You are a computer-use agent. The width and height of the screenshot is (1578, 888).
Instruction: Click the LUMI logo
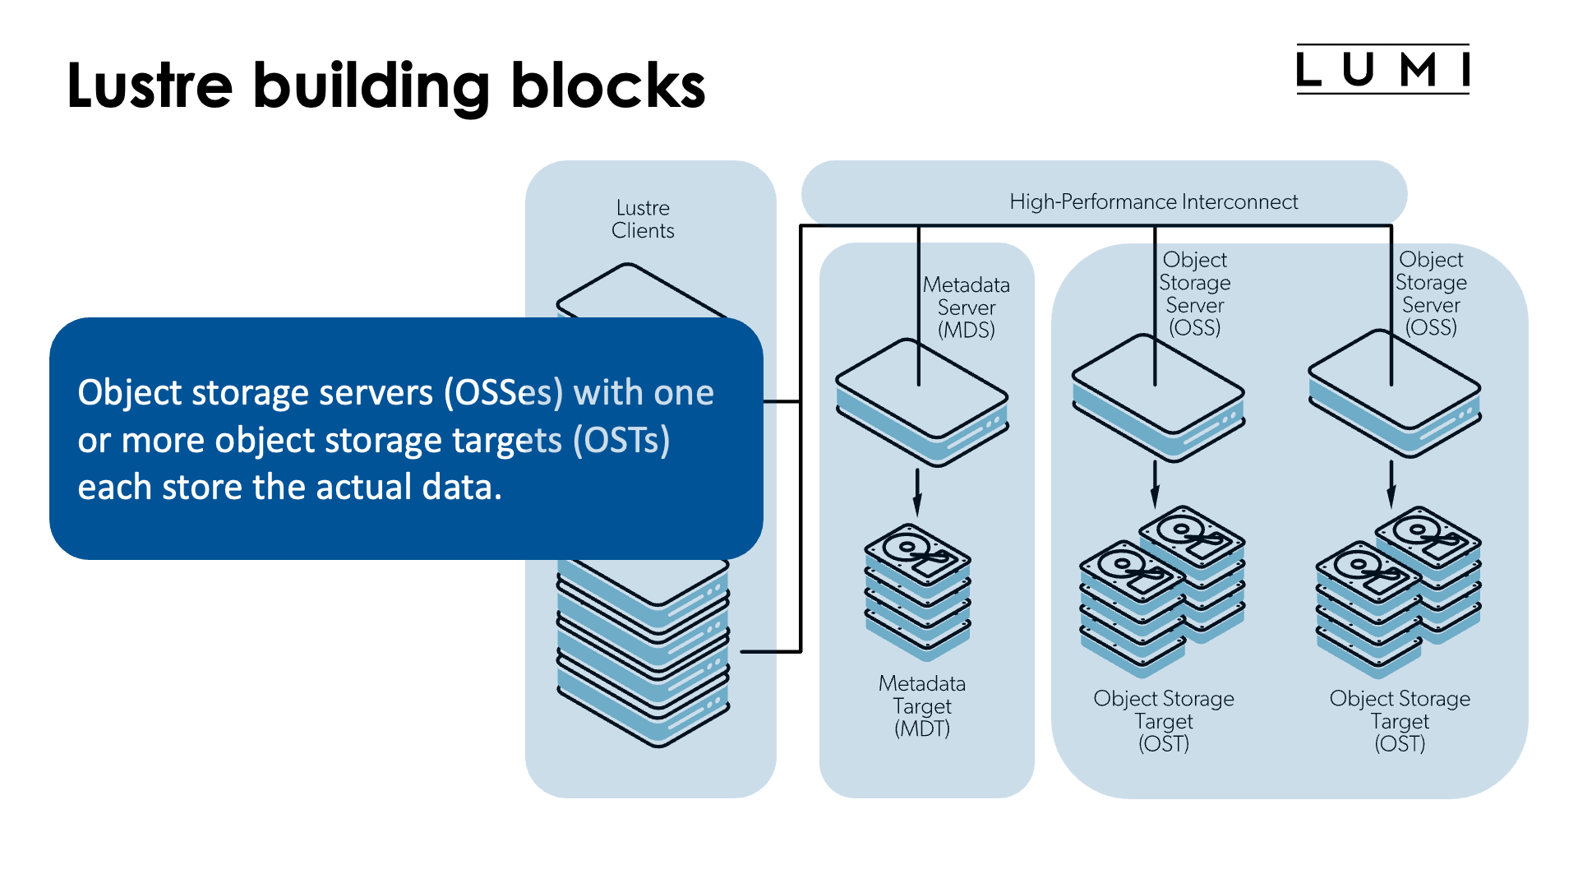[x=1382, y=69]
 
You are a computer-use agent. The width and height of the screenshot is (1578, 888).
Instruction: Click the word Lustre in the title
[x=150, y=86]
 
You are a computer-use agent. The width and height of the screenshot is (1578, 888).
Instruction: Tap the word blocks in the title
[x=608, y=86]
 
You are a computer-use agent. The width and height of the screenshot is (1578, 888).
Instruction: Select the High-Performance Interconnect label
[x=1153, y=201]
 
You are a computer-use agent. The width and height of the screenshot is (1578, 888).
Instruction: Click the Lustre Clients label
[x=643, y=219]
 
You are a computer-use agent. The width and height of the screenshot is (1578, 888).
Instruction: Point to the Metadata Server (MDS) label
[x=967, y=308]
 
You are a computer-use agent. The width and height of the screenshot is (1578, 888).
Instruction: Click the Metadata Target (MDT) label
[x=922, y=705]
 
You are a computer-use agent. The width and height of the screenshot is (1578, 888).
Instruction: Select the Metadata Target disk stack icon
[x=917, y=590]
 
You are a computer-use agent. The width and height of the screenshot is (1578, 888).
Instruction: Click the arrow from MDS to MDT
[x=917, y=493]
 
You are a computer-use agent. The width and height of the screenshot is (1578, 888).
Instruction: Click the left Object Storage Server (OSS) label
[x=1195, y=294]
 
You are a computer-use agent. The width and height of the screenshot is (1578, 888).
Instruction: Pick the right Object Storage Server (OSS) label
[x=1431, y=294]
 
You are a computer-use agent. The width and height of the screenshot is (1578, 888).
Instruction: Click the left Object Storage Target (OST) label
[x=1164, y=720]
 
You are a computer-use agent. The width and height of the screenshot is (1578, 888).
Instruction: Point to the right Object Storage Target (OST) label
[x=1400, y=720]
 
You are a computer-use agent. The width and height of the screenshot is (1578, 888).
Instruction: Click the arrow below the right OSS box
[x=1391, y=484]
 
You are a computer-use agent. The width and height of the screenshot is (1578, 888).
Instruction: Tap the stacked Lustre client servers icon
[x=643, y=650]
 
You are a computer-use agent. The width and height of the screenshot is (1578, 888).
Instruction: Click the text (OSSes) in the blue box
[x=504, y=392]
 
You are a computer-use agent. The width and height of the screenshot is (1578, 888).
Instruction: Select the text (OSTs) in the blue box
[x=621, y=440]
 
